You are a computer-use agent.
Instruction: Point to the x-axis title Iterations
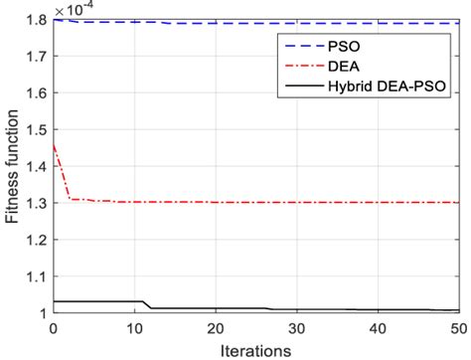256,350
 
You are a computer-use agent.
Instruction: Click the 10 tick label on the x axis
135,328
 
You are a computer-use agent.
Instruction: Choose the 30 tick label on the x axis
297,328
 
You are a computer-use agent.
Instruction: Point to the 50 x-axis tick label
458,328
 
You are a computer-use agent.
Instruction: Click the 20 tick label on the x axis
216,328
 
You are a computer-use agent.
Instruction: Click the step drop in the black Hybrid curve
148,305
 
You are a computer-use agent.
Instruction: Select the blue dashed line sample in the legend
300,46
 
